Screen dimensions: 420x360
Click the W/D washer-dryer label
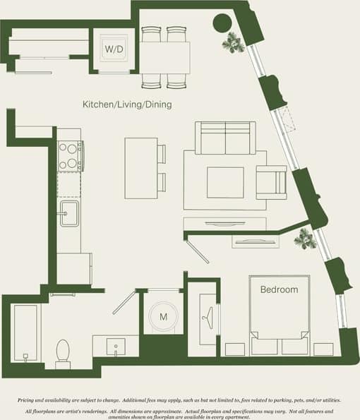(x=113, y=49)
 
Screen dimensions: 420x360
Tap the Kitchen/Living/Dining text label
(x=127, y=104)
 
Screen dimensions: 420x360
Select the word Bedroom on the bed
(x=279, y=289)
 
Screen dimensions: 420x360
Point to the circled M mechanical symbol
(x=164, y=316)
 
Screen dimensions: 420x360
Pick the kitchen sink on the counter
(x=69, y=212)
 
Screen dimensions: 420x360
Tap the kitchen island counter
(x=140, y=168)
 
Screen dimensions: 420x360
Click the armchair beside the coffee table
(x=270, y=182)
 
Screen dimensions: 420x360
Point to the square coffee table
(x=225, y=181)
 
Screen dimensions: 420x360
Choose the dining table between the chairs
(x=165, y=57)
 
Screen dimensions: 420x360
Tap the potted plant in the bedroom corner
(x=305, y=238)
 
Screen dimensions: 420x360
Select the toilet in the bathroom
(x=63, y=352)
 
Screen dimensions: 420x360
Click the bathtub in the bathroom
(x=25, y=332)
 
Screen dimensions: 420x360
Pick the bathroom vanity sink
(x=114, y=347)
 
